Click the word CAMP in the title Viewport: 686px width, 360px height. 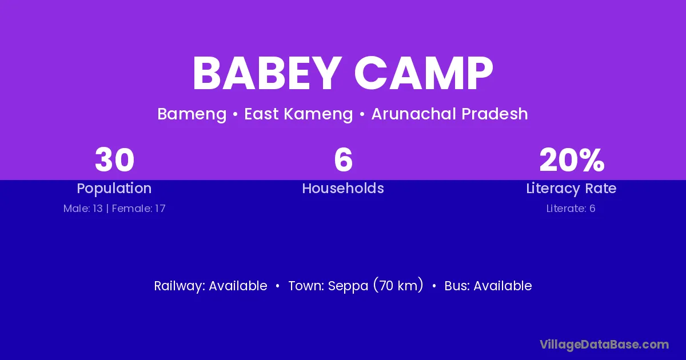(424, 73)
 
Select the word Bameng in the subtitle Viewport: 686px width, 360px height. (192, 114)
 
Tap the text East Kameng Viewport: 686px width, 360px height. (298, 114)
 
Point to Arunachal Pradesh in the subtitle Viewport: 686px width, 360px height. (449, 114)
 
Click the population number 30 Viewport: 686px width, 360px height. (114, 160)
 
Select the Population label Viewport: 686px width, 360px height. (114, 189)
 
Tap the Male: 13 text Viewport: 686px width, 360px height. (83, 209)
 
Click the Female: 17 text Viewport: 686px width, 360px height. (139, 209)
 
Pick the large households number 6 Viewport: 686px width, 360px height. (344, 160)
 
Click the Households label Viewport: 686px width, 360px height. (343, 188)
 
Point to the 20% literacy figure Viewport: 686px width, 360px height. (572, 160)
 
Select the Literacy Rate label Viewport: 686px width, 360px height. (571, 189)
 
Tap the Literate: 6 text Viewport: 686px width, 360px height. (571, 209)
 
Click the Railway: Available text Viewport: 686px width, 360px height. (211, 286)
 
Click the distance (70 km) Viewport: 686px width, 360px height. (398, 285)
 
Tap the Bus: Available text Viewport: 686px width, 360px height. (488, 286)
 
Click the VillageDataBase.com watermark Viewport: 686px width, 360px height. (604, 345)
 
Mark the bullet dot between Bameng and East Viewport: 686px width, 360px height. (235, 114)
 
